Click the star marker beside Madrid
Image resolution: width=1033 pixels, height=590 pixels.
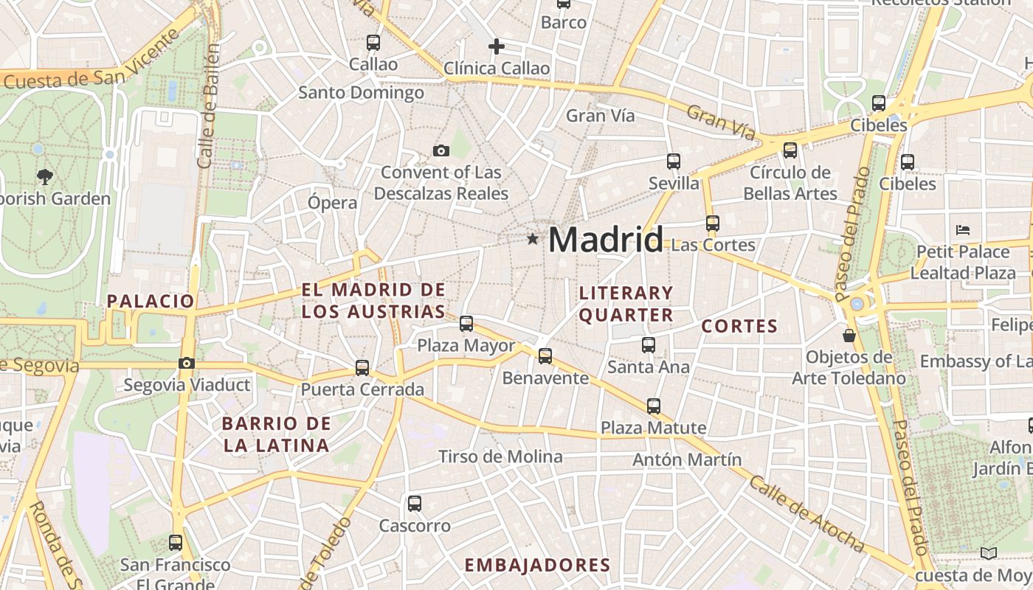tap(533, 239)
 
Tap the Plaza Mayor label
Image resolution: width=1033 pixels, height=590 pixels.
tap(466, 345)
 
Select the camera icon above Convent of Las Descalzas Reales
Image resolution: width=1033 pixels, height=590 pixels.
tap(441, 151)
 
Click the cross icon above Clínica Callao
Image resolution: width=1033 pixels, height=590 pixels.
tap(497, 47)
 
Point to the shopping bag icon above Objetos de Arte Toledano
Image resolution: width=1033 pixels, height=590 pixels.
tap(849, 336)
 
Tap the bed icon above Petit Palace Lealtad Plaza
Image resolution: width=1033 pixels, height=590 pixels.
tap(962, 230)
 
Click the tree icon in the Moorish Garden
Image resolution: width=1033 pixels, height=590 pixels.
tap(45, 176)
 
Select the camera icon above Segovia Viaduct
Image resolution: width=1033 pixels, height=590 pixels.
tap(187, 363)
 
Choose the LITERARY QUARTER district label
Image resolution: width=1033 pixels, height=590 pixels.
tap(626, 304)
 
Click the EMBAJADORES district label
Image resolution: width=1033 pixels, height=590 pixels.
tap(537, 566)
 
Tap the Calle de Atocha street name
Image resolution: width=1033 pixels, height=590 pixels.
tap(806, 514)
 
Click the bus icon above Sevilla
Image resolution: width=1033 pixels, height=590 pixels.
tap(673, 161)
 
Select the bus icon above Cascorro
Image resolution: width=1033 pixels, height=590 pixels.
tap(415, 504)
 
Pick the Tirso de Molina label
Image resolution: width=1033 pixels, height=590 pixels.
tap(500, 457)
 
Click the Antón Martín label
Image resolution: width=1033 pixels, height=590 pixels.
tap(687, 459)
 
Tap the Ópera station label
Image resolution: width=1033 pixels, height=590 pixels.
tap(332, 202)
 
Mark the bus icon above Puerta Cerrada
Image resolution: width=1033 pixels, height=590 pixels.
tap(362, 367)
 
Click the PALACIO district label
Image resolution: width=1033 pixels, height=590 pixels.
tap(151, 301)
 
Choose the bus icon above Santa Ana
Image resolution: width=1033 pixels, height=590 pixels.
tap(648, 344)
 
